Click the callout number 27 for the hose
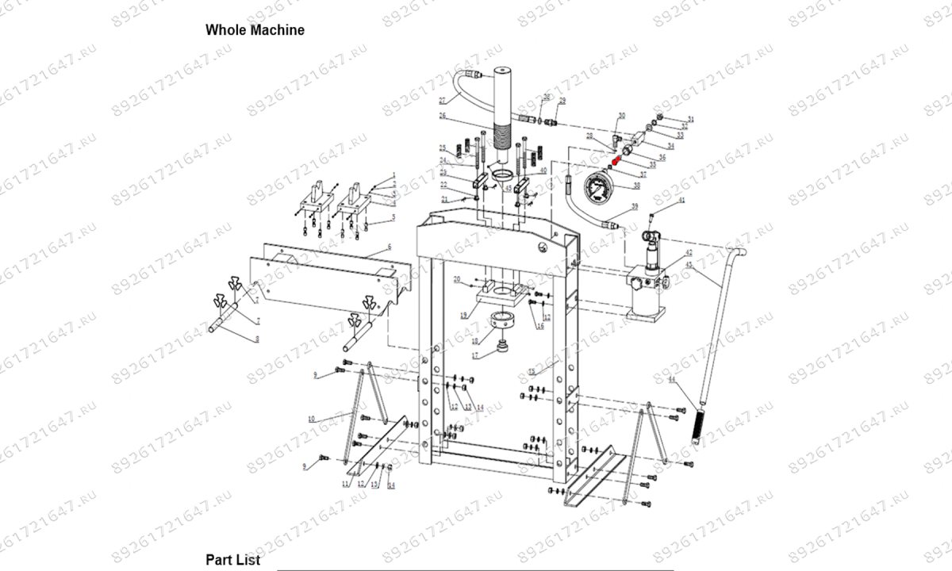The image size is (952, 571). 443,100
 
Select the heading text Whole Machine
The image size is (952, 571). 255,30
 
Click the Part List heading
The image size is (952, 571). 232,560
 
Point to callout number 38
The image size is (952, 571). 635,186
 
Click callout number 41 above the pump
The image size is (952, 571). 680,203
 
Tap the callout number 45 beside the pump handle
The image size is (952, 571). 689,265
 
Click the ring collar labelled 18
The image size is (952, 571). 502,322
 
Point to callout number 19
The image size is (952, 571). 463,315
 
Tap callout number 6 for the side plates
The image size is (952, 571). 390,248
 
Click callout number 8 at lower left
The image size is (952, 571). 256,339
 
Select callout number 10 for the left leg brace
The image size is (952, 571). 312,418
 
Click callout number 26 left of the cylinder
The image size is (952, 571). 443,116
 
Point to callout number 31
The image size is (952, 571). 690,120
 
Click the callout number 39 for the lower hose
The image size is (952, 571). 634,206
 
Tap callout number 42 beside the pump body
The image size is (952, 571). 689,252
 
